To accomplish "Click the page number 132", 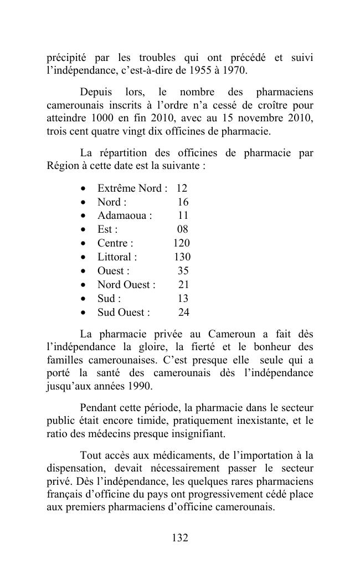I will pyautogui.click(x=180, y=537).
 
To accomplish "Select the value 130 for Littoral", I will pyautogui.click(x=182, y=257).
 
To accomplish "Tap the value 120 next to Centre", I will pyautogui.click(x=181, y=243).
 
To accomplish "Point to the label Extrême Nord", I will pyautogui.click(x=130, y=188).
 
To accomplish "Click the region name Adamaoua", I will pyautogui.click(x=122, y=216).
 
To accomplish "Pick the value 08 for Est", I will pyautogui.click(x=183, y=229).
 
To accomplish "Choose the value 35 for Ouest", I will pyautogui.click(x=183, y=271).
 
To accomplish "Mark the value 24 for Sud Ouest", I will pyautogui.click(x=183, y=312).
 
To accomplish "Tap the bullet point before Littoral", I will pyautogui.click(x=83, y=258).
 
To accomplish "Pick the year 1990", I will pyautogui.click(x=138, y=386).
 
